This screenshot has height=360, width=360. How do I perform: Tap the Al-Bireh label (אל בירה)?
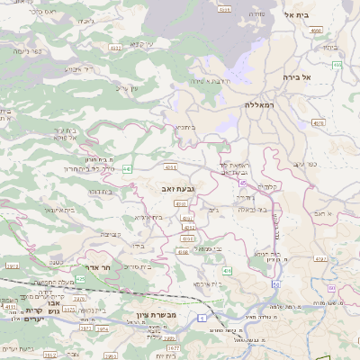point(319,77)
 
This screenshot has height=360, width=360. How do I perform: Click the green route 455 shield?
point(337,65)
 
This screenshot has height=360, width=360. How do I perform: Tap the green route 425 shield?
point(80,279)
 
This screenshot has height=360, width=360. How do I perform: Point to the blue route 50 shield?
point(331,288)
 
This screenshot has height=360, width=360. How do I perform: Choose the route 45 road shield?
point(242,183)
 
